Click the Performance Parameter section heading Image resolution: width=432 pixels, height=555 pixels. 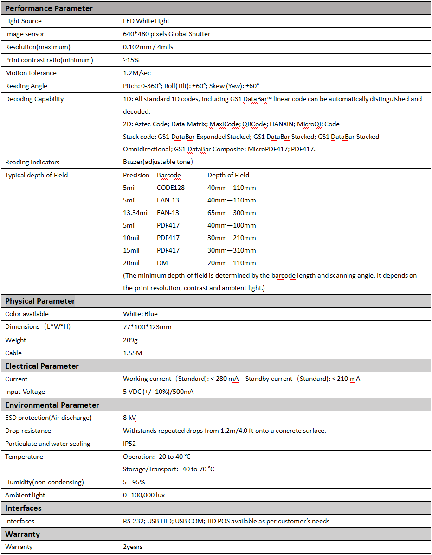click(49, 8)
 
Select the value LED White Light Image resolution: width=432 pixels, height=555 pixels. click(146, 21)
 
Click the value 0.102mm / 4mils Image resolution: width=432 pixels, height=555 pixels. click(148, 47)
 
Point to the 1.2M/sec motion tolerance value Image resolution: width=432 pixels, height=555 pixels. click(137, 73)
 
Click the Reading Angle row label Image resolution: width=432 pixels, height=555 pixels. click(26, 86)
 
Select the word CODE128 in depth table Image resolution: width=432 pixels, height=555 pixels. click(171, 188)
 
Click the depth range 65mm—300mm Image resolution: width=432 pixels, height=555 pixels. click(232, 213)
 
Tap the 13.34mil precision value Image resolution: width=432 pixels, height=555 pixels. click(136, 213)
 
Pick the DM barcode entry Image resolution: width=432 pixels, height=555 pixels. click(162, 263)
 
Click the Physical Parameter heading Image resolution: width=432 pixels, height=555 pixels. click(40, 301)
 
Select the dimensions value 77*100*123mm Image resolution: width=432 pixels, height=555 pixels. click(147, 327)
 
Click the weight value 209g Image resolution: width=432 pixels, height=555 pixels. click(130, 340)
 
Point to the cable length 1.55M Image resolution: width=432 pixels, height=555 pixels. click(133, 353)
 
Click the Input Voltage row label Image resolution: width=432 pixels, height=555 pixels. click(25, 392)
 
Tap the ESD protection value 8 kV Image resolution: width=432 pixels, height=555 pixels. click(129, 418)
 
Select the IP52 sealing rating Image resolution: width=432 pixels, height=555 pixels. click(129, 444)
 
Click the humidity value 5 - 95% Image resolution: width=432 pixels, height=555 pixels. click(134, 482)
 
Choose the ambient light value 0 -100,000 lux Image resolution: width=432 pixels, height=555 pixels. click(144, 495)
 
